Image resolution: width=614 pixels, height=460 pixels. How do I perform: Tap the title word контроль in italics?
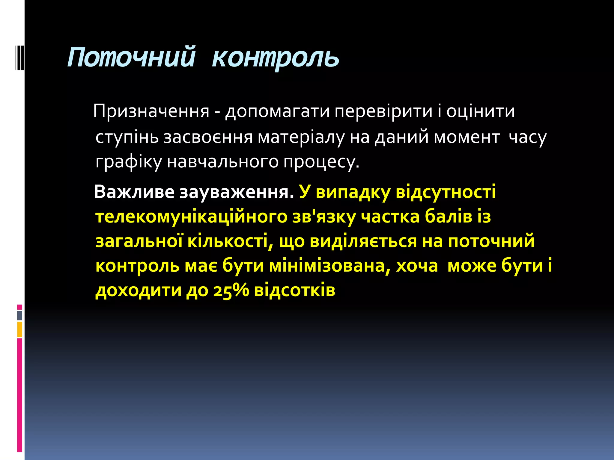tap(275, 57)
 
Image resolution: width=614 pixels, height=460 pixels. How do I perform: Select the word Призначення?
tap(151, 111)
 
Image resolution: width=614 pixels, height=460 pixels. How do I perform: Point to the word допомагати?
tap(278, 111)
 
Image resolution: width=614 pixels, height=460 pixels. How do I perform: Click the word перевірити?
tap(383, 111)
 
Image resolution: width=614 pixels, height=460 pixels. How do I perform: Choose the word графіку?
tap(129, 162)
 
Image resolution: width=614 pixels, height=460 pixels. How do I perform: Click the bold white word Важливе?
tap(134, 192)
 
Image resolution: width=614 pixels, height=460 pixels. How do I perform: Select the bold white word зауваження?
tap(236, 192)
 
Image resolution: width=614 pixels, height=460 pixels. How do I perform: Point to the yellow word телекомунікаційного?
tap(191, 217)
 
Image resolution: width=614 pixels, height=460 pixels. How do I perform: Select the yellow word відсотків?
tap(294, 290)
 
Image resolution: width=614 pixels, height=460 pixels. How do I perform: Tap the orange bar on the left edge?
tap(20, 329)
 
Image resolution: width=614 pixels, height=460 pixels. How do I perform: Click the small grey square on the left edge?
tap(20, 316)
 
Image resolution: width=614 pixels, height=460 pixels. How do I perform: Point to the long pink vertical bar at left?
tap(20, 395)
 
